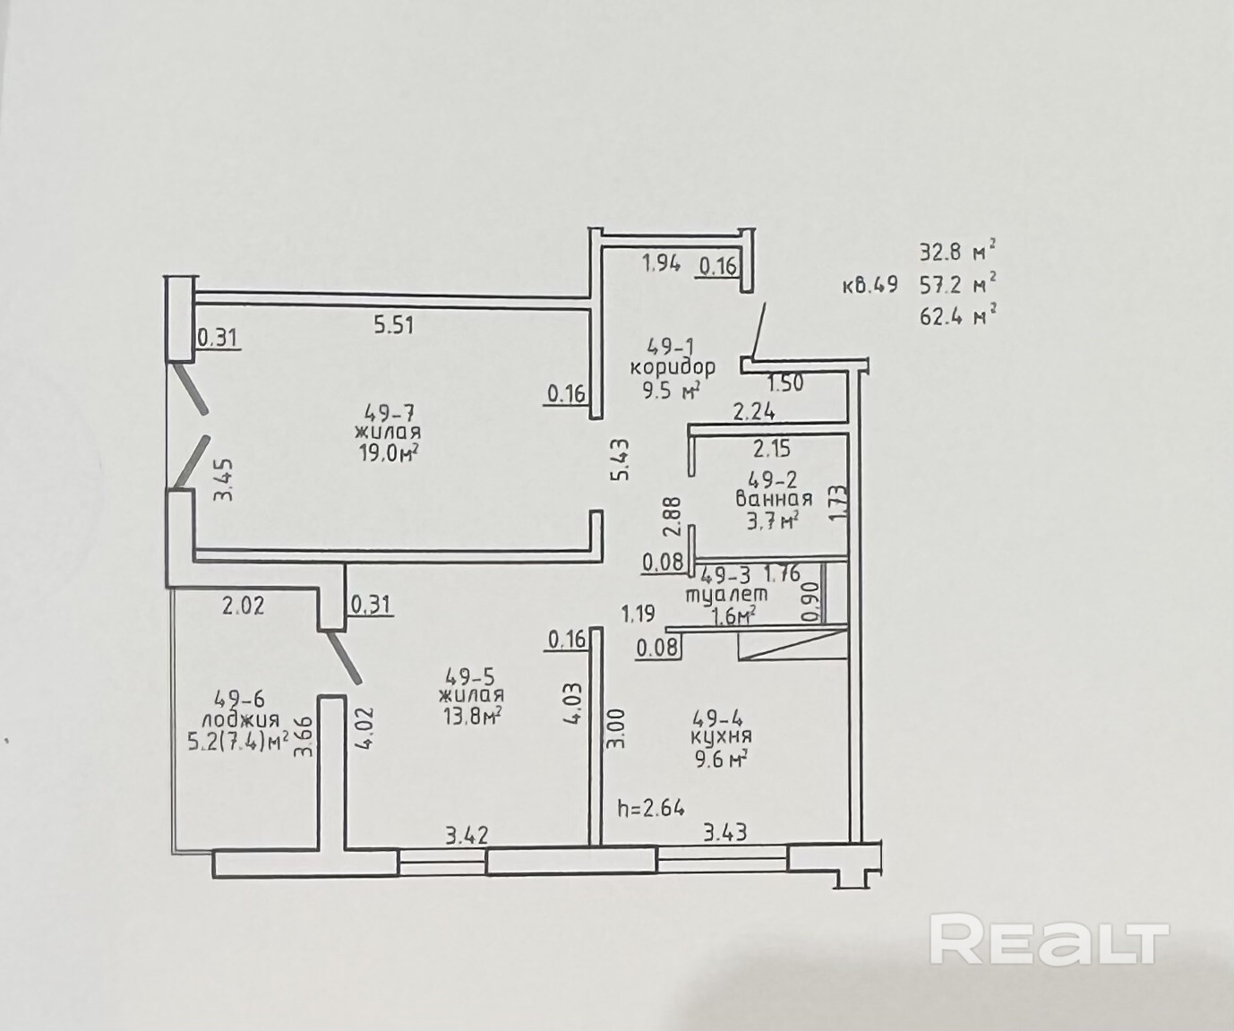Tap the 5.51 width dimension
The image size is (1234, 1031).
(393, 323)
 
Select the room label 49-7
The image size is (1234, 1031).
(390, 413)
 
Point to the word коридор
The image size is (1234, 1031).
(673, 366)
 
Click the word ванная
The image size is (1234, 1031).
(774, 499)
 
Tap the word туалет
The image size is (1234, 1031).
(726, 594)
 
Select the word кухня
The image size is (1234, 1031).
(722, 736)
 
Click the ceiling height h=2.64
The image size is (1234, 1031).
(651, 807)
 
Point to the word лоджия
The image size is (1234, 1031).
(240, 719)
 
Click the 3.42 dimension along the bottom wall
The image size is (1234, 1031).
(468, 837)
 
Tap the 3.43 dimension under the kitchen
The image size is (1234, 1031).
(725, 833)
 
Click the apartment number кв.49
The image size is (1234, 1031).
(870, 287)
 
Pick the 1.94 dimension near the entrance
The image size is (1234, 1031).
(662, 263)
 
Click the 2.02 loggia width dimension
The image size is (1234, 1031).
(243, 606)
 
